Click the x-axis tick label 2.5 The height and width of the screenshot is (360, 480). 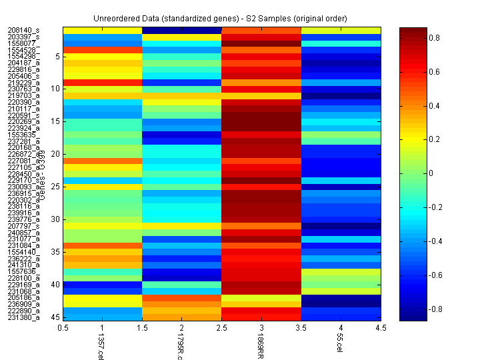[x=221, y=328]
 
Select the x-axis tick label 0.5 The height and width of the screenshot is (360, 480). [x=63, y=328]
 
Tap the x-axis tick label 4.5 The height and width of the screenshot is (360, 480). [x=381, y=328]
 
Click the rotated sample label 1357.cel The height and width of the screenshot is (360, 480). [x=101, y=345]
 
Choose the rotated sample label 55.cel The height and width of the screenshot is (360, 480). [x=340, y=344]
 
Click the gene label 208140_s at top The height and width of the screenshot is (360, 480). [x=23, y=30]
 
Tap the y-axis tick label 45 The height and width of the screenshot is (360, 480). [x=56, y=317]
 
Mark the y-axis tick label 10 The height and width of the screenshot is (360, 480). [x=56, y=89]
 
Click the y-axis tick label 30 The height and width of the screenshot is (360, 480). [x=56, y=219]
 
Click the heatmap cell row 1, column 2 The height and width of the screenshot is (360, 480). [x=181, y=30]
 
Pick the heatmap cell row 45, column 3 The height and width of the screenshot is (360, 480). [x=261, y=317]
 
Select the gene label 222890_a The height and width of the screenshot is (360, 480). [x=23, y=311]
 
